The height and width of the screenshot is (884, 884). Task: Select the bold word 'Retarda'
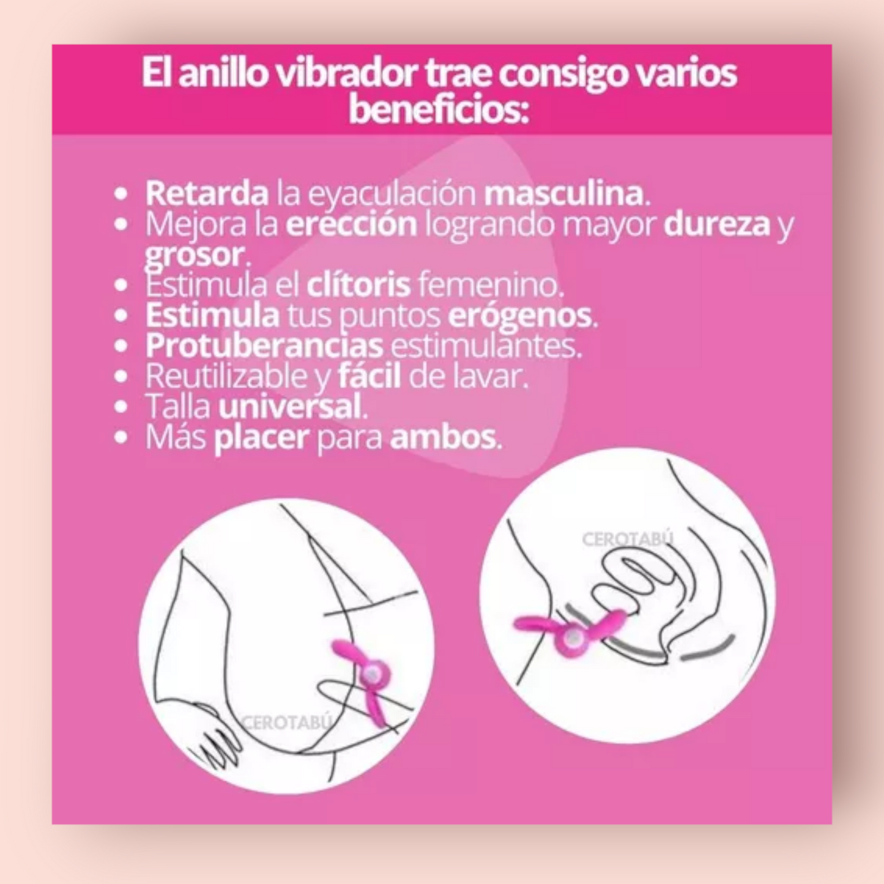click(x=207, y=193)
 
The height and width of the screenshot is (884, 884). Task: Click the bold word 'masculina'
click(x=564, y=193)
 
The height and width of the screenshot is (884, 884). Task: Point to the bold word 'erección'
click(x=351, y=224)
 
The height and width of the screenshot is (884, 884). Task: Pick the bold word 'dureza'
click(x=716, y=224)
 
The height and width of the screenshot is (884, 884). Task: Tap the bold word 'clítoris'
click(x=358, y=284)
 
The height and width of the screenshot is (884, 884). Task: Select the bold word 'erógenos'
click(x=520, y=316)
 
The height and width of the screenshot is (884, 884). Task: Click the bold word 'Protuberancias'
click(x=264, y=346)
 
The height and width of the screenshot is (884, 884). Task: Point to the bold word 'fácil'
click(x=370, y=376)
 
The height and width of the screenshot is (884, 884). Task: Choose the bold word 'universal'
click(x=290, y=406)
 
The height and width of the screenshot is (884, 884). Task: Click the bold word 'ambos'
click(x=443, y=437)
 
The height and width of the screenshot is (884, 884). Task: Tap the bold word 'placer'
click(x=261, y=438)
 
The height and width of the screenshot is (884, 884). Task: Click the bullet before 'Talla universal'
click(x=120, y=406)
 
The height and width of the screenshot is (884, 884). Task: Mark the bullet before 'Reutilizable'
click(x=120, y=376)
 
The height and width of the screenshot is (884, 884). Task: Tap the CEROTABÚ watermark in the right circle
click(x=628, y=540)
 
